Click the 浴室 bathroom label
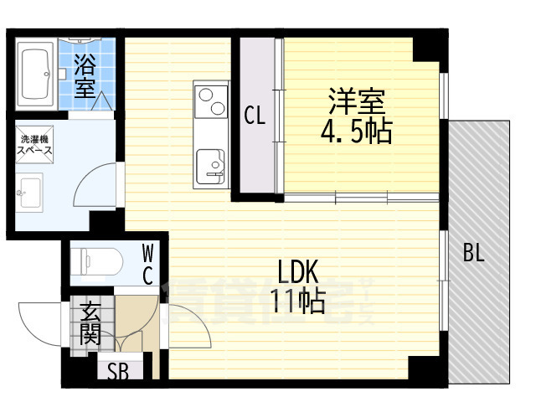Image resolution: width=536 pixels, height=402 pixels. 84,75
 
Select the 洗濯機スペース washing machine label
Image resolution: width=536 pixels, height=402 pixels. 34,144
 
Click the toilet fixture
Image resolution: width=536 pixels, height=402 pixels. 95,260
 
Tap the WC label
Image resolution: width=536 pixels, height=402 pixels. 147,263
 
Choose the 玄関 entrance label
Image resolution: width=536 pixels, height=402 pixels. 90,324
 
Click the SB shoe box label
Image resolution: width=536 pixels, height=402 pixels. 118,371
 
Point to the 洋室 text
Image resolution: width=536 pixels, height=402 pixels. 355,102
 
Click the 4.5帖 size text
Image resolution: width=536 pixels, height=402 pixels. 356,131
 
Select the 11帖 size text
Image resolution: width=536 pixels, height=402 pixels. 298,301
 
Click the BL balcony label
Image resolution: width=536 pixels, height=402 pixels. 474,254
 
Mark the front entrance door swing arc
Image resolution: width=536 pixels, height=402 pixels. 38,322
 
